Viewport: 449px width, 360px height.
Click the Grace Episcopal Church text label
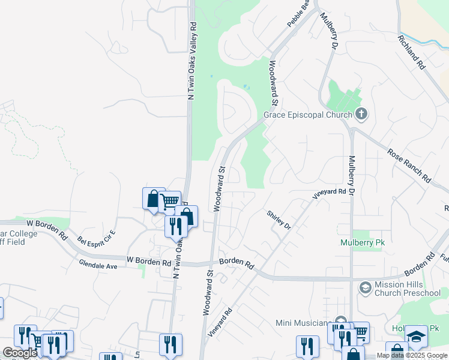[308, 115]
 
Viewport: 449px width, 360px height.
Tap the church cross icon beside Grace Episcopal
[361, 113]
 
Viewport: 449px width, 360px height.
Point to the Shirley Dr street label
[279, 221]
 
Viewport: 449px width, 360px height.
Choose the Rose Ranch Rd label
[409, 166]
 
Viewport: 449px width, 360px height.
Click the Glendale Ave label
[98, 264]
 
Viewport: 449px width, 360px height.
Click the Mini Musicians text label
[304, 323]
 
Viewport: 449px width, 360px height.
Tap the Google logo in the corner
[20, 353]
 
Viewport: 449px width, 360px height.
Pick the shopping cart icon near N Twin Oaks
[170, 201]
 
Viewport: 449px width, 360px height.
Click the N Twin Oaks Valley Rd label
[192, 61]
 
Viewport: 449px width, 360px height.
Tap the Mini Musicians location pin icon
[341, 321]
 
